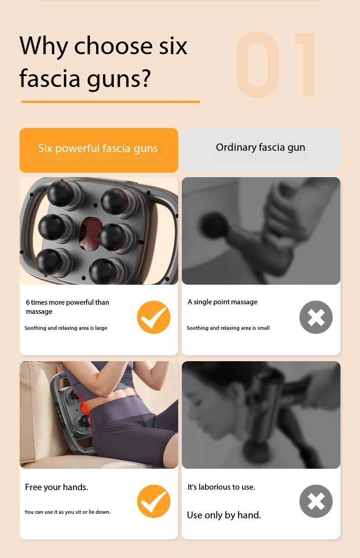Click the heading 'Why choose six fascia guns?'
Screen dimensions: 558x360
click(x=103, y=62)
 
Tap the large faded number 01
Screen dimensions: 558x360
click(x=277, y=65)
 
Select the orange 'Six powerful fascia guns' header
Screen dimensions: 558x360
click(x=98, y=149)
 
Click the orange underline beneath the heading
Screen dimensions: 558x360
click(x=110, y=102)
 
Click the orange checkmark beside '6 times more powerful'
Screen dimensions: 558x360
click(x=154, y=317)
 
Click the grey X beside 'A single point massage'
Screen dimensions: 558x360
click(x=316, y=317)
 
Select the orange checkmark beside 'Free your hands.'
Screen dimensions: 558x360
click(x=154, y=501)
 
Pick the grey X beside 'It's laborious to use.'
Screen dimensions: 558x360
click(x=316, y=501)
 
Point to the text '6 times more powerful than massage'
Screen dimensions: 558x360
click(x=67, y=307)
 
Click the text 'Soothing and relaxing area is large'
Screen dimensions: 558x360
click(x=66, y=328)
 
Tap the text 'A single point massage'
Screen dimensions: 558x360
click(x=222, y=302)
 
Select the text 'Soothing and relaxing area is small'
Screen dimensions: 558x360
click(x=228, y=328)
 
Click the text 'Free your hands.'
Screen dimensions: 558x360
click(x=57, y=487)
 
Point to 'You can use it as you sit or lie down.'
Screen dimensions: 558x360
click(x=67, y=512)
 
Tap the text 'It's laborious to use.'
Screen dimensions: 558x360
click(x=221, y=487)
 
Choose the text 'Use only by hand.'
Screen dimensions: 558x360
click(x=224, y=515)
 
